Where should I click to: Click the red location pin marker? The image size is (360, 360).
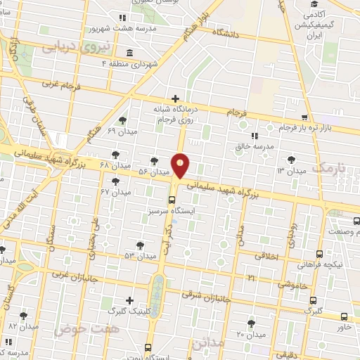click(x=181, y=165)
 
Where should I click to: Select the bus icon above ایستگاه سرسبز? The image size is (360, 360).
click(x=172, y=199)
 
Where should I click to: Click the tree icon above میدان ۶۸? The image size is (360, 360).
click(x=115, y=154)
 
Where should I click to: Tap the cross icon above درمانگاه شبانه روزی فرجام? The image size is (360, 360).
click(x=175, y=98)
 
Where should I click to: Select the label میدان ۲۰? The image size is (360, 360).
click(x=251, y=334)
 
